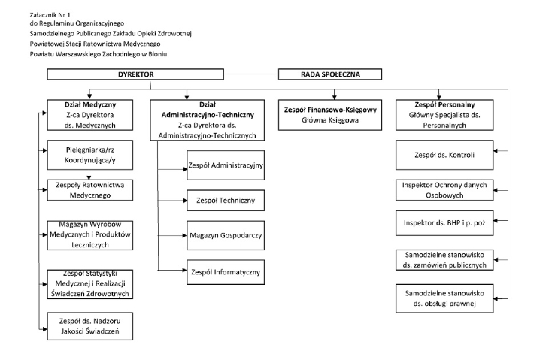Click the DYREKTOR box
(135, 74)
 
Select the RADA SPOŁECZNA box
(330, 74)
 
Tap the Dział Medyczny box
(90, 115)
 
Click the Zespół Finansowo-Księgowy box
(330, 115)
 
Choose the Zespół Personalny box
(444, 115)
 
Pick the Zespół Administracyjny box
(226, 165)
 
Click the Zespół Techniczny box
(226, 201)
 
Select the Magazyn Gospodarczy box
(226, 235)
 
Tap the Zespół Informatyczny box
(226, 272)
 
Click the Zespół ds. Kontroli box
(444, 155)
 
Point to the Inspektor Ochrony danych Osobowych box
(444, 190)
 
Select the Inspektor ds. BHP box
(444, 223)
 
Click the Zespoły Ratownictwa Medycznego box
(90, 190)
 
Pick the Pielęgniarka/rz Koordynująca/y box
(90, 155)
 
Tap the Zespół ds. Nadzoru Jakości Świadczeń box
(90, 326)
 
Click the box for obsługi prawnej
(444, 298)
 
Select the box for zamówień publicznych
(444, 260)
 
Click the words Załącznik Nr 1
(50, 15)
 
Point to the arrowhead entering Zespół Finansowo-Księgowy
(334, 97)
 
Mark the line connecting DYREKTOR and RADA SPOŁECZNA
(251, 74)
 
